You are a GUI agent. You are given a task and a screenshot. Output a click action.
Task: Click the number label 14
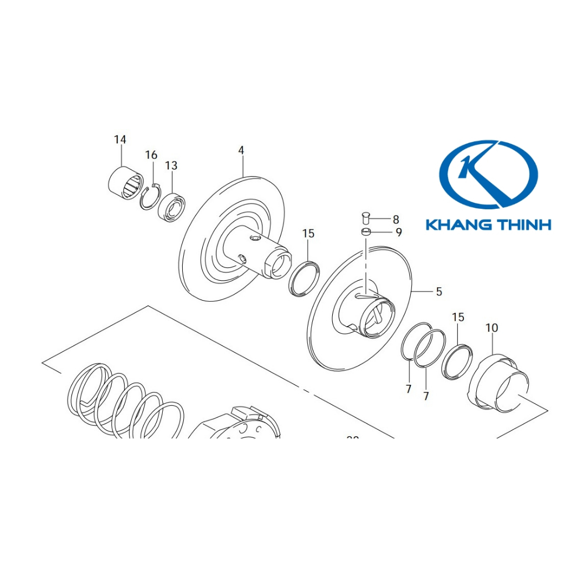tap(120, 140)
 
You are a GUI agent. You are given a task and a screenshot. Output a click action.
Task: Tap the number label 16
tap(151, 155)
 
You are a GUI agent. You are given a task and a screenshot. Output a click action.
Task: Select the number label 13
tap(171, 166)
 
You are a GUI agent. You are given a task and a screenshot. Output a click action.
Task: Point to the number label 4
tap(241, 150)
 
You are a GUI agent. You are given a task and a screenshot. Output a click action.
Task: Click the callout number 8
tap(396, 219)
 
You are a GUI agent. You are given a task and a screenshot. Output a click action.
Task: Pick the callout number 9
tap(399, 233)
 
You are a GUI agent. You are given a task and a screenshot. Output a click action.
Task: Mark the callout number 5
tap(439, 291)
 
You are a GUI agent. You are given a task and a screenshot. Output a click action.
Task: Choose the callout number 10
tap(492, 328)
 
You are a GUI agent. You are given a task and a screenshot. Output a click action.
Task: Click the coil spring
tap(125, 401)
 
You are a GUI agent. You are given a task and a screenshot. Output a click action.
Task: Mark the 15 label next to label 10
tap(458, 317)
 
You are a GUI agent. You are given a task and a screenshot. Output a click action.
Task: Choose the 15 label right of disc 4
tap(308, 234)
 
